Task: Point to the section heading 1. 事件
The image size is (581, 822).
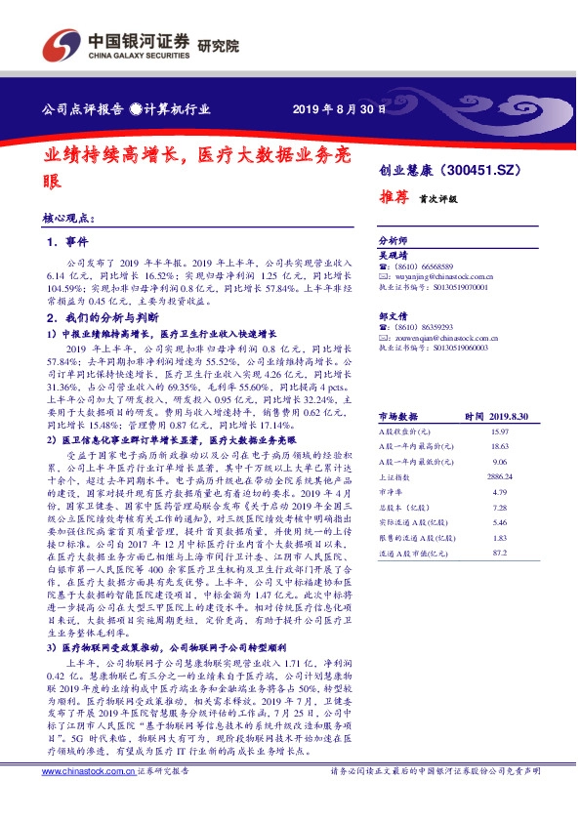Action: click(x=68, y=240)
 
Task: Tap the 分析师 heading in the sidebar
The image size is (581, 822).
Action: click(x=392, y=240)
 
